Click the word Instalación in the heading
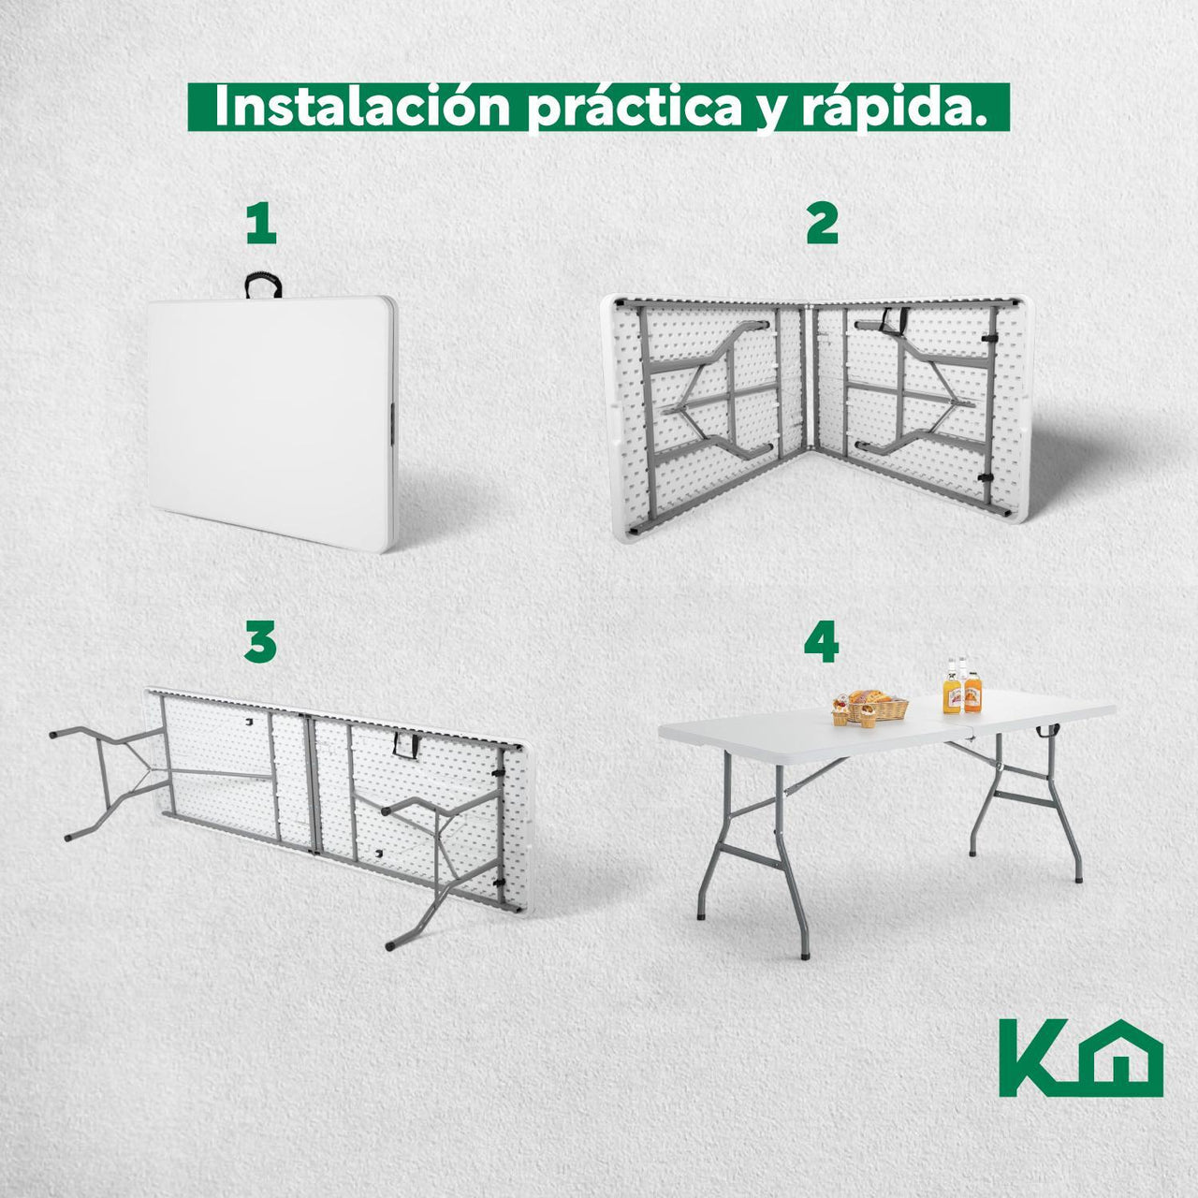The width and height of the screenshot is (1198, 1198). tap(362, 108)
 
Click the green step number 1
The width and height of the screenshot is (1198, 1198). tap(261, 225)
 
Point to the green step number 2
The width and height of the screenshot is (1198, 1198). tap(822, 225)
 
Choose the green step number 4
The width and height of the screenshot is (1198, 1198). tap(821, 642)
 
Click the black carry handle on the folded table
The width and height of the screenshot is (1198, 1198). tap(263, 285)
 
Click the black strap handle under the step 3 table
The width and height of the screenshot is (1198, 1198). tap(405, 745)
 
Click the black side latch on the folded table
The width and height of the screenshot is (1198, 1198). tap(393, 424)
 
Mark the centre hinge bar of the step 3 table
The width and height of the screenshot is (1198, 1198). tap(312, 783)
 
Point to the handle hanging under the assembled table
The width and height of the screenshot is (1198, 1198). tap(1047, 731)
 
